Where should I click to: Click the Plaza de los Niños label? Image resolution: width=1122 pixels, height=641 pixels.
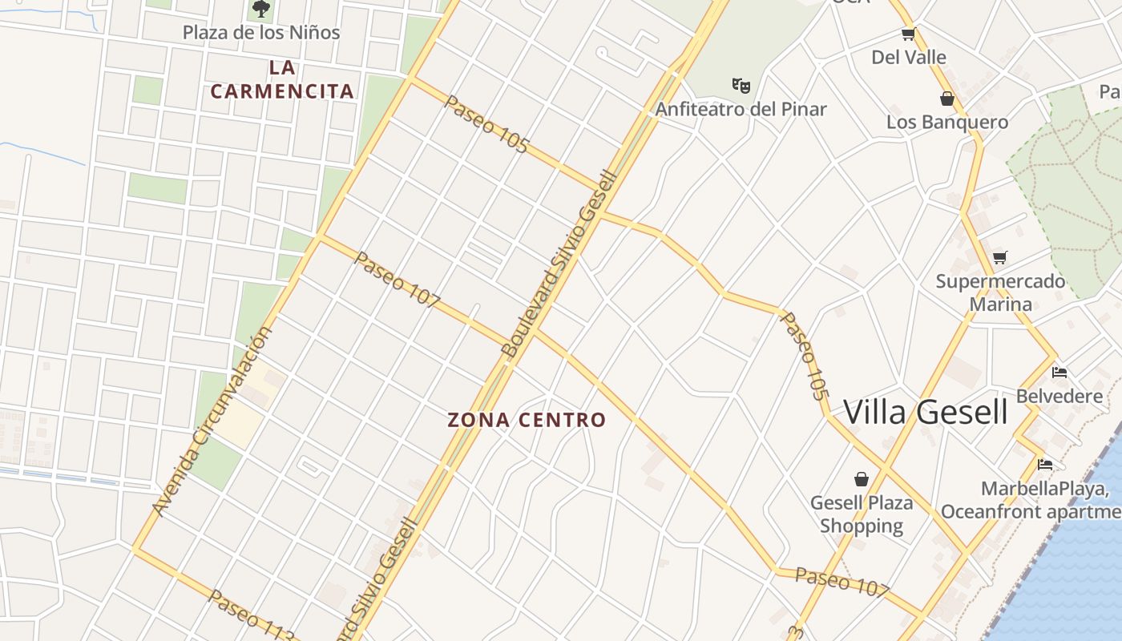point(261,33)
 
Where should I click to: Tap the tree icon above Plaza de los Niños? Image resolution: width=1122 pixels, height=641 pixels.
point(260,9)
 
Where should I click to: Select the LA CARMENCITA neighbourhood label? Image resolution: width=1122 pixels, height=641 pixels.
point(282,79)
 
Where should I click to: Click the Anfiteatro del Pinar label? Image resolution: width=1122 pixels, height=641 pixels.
point(741,109)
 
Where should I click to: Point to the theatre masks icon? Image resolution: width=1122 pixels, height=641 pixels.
point(741,84)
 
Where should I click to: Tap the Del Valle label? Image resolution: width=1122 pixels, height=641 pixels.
point(909,58)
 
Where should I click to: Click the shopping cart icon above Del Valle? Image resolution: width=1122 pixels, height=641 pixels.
point(908,34)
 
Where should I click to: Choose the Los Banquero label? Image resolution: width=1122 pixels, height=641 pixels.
point(947,123)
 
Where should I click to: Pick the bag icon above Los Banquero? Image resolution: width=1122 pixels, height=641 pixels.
point(947,99)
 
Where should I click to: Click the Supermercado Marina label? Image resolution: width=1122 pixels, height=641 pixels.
point(1001,292)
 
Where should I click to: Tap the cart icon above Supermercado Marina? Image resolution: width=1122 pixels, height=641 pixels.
point(999,257)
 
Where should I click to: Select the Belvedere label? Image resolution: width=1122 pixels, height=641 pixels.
point(1059,397)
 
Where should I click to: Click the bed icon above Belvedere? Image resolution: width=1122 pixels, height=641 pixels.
point(1059,373)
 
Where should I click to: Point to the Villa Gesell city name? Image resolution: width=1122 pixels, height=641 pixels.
point(926,412)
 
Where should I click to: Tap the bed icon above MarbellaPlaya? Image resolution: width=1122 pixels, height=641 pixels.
point(1044,464)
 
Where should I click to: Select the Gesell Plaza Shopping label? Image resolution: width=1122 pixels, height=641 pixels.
point(862,514)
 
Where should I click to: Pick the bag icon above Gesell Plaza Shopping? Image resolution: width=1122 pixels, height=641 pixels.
point(862,479)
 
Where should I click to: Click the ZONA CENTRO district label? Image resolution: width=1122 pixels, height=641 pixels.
point(527,420)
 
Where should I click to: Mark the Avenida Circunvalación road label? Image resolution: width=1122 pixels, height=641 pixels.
point(212,421)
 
